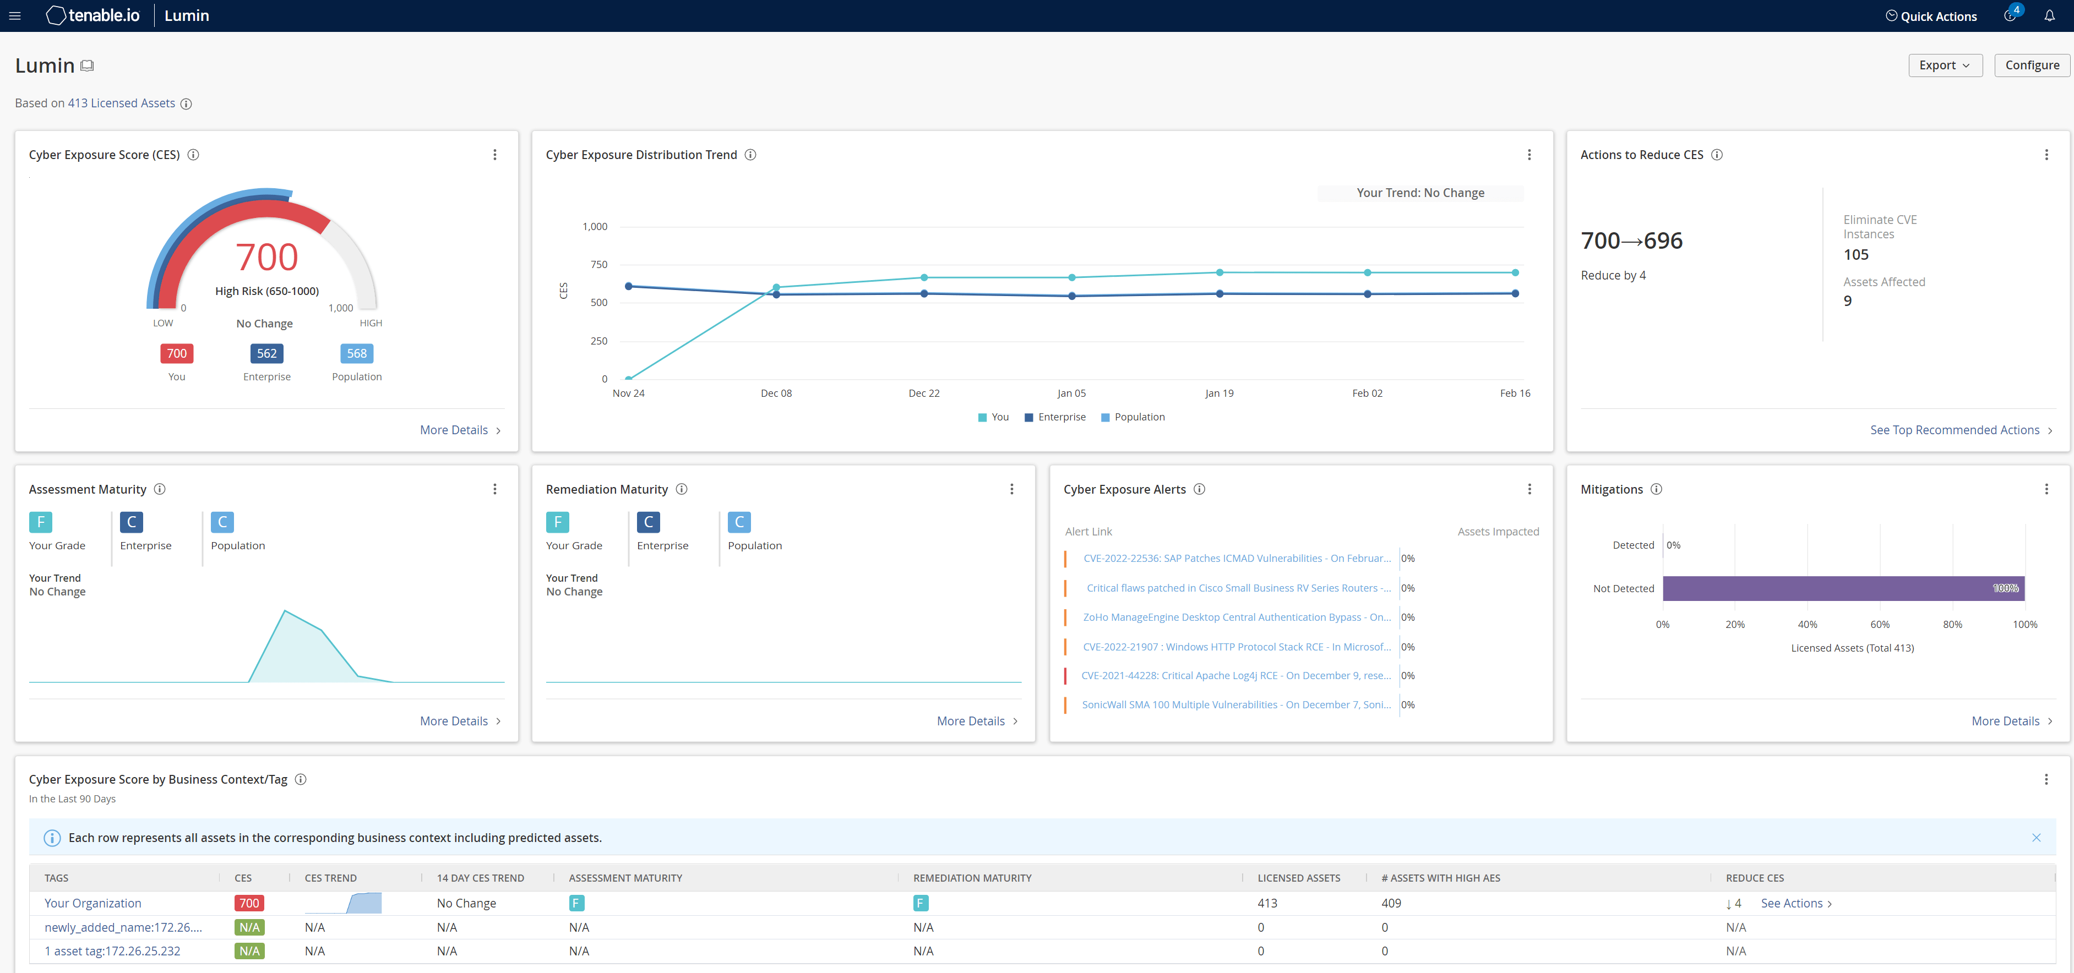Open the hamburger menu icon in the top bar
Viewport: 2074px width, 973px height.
click(x=14, y=15)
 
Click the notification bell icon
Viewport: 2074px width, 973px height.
click(x=2049, y=15)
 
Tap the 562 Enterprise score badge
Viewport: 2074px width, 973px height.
click(x=266, y=353)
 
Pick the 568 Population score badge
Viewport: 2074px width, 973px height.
click(x=357, y=353)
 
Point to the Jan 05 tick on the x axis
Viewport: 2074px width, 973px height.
click(x=1071, y=393)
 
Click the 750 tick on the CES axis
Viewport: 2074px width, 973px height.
click(x=598, y=265)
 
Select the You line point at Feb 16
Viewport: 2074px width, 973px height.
click(x=1515, y=273)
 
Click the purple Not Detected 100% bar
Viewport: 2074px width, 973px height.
click(x=1843, y=588)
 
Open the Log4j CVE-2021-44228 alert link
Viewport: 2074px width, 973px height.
click(x=1235, y=675)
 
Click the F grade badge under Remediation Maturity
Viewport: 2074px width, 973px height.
click(x=557, y=522)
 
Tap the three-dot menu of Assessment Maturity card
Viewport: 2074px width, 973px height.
click(x=494, y=489)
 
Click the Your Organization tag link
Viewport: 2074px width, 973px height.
click(x=92, y=903)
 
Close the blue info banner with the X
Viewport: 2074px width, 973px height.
click(x=2035, y=838)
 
